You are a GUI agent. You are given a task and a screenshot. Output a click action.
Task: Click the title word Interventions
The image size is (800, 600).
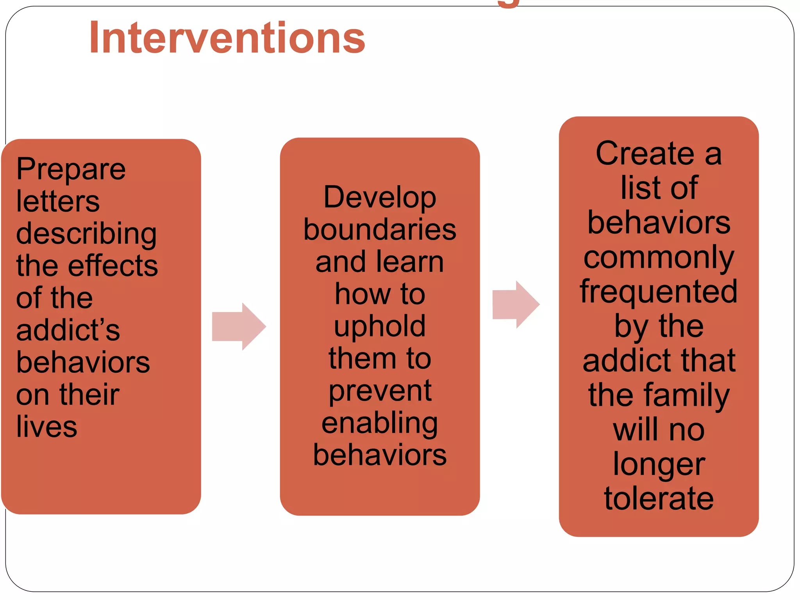tap(227, 38)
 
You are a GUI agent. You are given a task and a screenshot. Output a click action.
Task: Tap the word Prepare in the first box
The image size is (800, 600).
tap(71, 169)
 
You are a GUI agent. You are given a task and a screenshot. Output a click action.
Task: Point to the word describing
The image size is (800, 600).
tap(86, 234)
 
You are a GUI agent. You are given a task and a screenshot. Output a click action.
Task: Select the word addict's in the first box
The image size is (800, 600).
tap(68, 330)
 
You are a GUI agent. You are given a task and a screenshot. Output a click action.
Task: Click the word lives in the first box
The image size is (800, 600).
tap(46, 426)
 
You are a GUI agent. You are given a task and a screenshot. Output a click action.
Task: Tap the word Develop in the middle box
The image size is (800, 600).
tap(380, 197)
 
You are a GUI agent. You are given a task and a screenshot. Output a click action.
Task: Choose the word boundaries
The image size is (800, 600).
tap(380, 229)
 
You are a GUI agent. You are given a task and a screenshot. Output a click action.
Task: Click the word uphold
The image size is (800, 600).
tap(380, 326)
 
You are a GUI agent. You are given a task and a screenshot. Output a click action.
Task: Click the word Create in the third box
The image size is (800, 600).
tap(645, 153)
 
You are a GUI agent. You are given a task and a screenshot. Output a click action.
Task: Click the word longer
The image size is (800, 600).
tap(659, 464)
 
